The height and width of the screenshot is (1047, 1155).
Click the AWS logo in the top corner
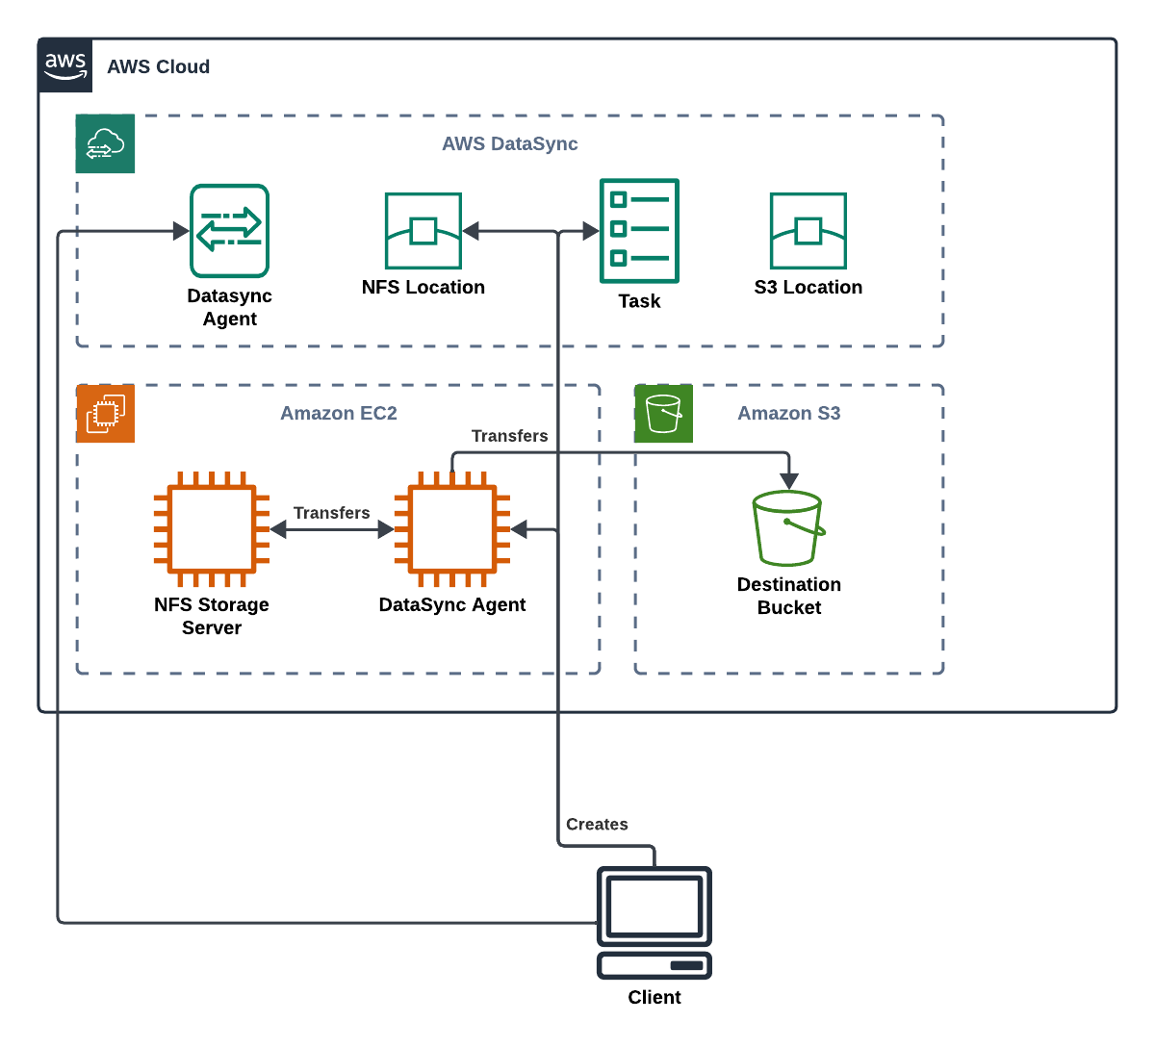[x=65, y=65]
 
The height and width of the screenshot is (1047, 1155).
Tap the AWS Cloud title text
[x=159, y=66]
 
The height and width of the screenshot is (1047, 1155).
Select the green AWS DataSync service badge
[x=105, y=143]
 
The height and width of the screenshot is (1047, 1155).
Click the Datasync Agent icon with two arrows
[x=230, y=230]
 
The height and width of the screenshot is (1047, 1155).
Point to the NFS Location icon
[x=423, y=231]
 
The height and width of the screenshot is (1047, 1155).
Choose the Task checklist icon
[x=639, y=231]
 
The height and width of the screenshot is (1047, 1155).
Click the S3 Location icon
[x=808, y=231]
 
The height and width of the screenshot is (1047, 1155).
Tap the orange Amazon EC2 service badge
[x=105, y=414]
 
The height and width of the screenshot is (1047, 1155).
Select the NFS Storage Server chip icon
[x=212, y=529]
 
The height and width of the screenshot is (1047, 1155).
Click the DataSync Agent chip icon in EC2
[x=452, y=529]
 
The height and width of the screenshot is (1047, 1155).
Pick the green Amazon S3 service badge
[x=663, y=414]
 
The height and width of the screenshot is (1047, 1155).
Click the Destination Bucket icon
[x=787, y=528]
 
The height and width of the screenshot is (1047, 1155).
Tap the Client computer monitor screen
[x=654, y=907]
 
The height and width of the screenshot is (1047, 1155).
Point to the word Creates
[x=597, y=824]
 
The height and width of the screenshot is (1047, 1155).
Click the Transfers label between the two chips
[x=332, y=513]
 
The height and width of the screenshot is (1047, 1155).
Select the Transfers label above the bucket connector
[x=509, y=436]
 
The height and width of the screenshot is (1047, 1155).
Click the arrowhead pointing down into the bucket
[x=789, y=481]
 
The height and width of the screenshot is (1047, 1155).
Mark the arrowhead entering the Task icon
[x=591, y=231]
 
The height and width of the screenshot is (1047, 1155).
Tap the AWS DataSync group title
[x=509, y=143]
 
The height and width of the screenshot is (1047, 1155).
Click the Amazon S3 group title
[x=789, y=413]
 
